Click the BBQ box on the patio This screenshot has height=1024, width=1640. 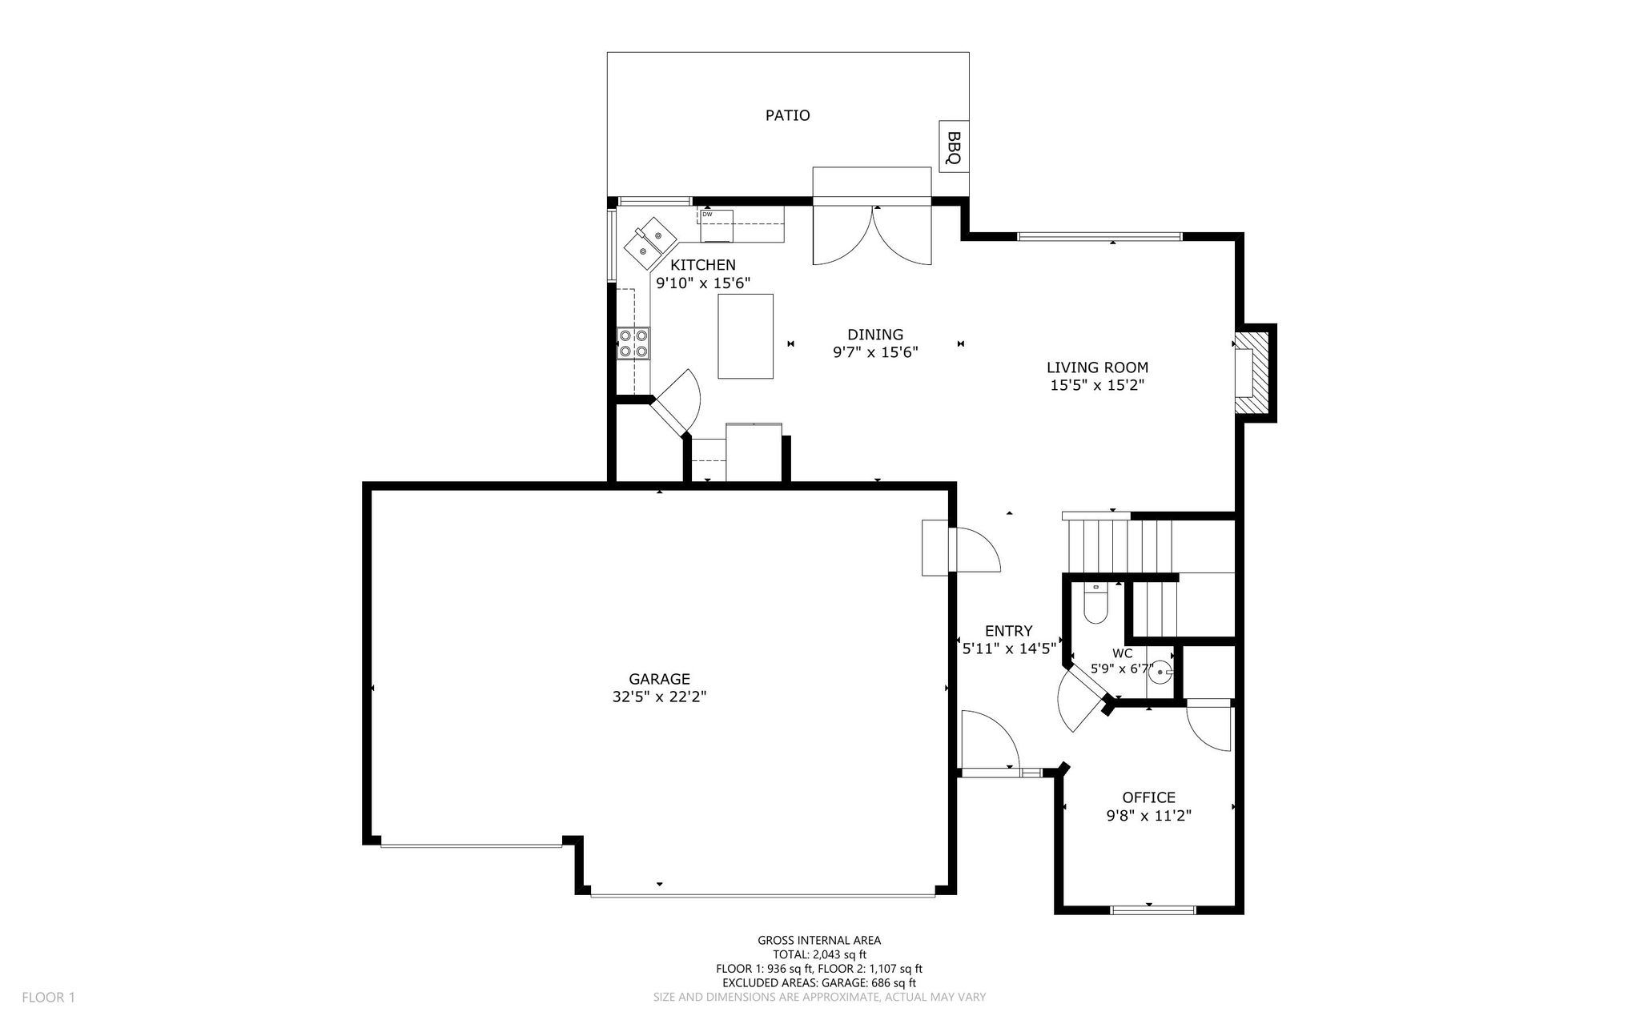953,147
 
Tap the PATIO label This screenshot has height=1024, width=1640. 787,115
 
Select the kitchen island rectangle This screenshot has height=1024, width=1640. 746,336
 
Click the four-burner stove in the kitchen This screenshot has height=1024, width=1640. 633,343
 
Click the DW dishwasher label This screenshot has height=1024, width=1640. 707,215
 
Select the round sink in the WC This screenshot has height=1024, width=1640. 1160,673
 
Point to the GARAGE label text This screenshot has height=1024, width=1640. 659,680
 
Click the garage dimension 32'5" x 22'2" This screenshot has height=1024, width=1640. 659,697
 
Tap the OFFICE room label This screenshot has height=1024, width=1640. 1148,797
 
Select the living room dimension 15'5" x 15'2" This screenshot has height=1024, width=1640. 1097,385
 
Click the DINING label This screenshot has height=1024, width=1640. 875,335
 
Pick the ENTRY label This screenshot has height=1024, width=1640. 1008,631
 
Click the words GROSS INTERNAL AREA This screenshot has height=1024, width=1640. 819,941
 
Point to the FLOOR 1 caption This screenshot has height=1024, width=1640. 48,998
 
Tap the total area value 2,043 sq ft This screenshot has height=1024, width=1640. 839,954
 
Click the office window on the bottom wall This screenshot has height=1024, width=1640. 1153,910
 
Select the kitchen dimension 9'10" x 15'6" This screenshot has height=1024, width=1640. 703,283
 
